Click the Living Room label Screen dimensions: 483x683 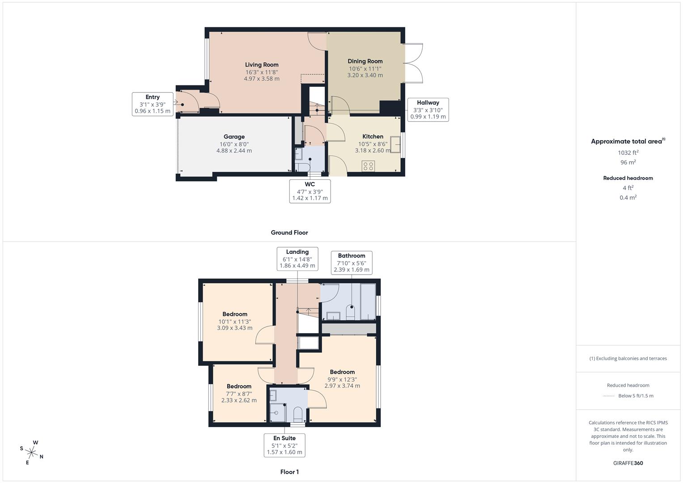pos(262,65)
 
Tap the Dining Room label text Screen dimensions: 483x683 pos(365,61)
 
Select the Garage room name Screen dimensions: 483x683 pos(234,137)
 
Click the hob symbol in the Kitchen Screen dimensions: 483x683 pos(368,166)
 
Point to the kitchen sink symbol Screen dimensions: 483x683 pos(395,145)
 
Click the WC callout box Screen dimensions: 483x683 pos(310,191)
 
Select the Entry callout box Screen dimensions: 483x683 pos(153,104)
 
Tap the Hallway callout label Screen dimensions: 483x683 pos(428,110)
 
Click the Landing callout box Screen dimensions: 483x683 pos(297,258)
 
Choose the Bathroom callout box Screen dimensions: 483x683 pos(352,263)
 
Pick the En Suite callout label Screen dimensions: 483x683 pos(284,445)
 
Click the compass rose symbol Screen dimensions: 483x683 pos(32,452)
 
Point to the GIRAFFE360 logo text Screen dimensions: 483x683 pos(628,463)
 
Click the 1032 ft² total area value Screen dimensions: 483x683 pos(628,153)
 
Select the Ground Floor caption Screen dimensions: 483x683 pos(289,233)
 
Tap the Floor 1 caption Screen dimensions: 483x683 pos(289,472)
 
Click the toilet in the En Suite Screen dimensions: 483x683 pos(297,413)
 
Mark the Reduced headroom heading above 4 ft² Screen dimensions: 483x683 pos(628,178)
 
